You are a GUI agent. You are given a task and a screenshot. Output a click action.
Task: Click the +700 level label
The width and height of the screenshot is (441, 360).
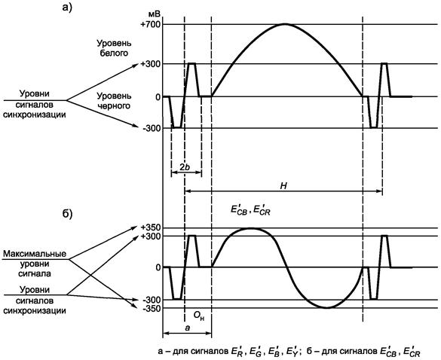coord(151,24)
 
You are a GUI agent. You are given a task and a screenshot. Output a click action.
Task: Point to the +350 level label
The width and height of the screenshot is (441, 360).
coord(151,227)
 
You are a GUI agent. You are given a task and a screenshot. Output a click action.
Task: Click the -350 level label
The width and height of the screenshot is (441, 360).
coord(152,308)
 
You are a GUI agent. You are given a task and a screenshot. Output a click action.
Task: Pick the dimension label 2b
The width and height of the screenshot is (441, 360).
coord(185,167)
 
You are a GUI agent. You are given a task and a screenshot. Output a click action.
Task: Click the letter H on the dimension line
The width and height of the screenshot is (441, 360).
coord(283,186)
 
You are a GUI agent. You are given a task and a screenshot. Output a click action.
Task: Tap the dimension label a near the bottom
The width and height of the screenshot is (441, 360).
coord(188,328)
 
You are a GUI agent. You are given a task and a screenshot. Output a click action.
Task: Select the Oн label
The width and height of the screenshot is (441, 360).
coord(198,316)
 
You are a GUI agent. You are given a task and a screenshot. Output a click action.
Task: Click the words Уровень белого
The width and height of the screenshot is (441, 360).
coord(114,48)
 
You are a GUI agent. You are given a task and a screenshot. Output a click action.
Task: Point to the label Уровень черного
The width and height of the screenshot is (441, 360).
coord(114,101)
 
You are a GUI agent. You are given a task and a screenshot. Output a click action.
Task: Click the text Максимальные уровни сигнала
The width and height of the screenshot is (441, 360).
coord(35,264)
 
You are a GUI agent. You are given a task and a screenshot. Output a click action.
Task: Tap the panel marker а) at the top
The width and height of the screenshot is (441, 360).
coord(67,7)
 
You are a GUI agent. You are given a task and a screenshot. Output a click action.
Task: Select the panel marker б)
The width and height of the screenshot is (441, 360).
coord(67,213)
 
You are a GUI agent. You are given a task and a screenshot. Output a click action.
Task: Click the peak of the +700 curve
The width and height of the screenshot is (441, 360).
coord(285,24)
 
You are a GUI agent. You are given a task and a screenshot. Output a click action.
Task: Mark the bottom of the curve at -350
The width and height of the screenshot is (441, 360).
coord(326,308)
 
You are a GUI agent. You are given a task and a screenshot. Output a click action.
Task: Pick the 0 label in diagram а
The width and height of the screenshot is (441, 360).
coord(158,97)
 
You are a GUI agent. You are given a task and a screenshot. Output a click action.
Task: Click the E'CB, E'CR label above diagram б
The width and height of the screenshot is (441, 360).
coord(250,210)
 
